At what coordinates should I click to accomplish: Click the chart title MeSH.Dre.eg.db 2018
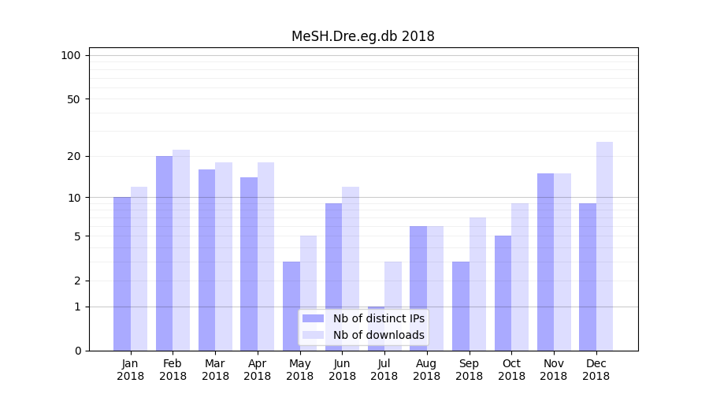362,36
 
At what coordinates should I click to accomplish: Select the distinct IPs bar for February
164,253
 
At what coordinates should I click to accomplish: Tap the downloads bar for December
604,246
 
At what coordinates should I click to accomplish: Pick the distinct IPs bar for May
291,306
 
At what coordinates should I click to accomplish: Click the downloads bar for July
393,306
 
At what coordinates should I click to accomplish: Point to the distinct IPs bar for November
545,262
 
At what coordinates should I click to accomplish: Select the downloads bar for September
477,284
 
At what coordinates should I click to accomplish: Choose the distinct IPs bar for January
122,273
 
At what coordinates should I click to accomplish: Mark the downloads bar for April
265,256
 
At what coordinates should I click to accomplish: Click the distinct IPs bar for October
503,293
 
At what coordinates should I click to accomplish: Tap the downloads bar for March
224,256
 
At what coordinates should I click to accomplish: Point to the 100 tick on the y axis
71,55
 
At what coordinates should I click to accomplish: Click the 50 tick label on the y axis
74,99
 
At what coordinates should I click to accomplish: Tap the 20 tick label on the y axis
74,156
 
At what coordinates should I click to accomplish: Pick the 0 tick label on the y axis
77,351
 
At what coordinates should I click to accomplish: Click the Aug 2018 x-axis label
427,370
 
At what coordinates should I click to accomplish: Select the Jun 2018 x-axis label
342,370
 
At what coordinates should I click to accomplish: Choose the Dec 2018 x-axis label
596,370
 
